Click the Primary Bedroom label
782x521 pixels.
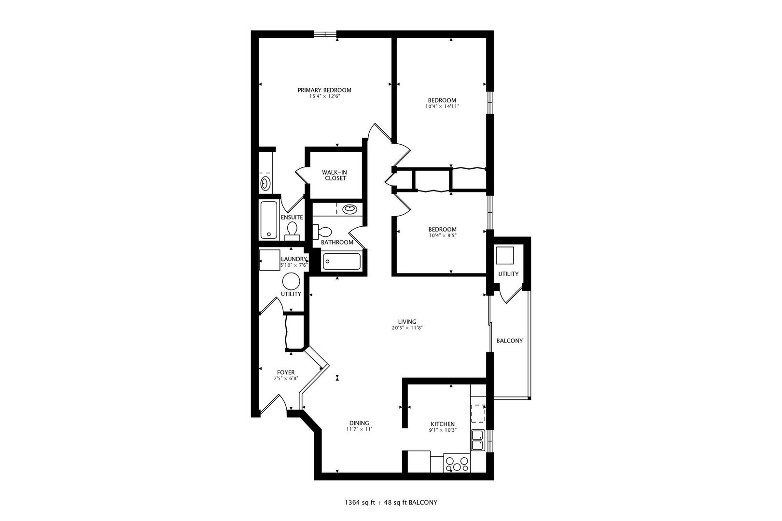coord(324,90)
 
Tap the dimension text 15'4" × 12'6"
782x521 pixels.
coord(324,96)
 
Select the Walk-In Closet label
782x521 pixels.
coord(335,175)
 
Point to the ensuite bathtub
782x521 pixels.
coord(269,219)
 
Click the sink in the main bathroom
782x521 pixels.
coord(349,209)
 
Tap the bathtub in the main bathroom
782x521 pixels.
coord(341,261)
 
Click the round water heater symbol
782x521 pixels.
coord(291,281)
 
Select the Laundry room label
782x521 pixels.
coord(293,259)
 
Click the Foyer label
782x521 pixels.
coord(286,372)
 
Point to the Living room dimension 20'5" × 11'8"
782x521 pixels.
coord(407,328)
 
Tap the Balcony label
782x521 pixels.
coord(509,341)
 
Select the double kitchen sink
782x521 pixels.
coord(477,440)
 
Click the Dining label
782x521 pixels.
coord(359,423)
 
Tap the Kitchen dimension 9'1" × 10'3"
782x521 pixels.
coord(443,430)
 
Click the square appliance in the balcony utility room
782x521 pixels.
coord(505,256)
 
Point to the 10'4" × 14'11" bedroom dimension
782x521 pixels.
coord(442,107)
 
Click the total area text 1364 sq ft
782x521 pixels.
coord(360,503)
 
